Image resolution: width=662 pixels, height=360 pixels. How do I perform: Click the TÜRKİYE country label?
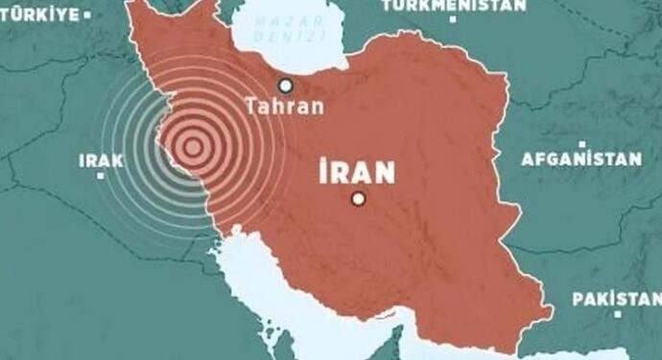pos(38,13)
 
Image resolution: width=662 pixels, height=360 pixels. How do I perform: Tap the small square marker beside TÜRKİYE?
pos(87,14)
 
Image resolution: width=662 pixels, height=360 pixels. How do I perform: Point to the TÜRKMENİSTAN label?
pos(454,6)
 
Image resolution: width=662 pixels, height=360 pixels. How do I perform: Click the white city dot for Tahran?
pos(284,84)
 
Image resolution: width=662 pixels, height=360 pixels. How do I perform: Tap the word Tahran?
pos(285,106)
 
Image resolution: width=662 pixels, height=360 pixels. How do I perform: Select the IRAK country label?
pos(101,161)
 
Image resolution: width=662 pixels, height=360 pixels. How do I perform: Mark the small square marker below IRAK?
pos(101,179)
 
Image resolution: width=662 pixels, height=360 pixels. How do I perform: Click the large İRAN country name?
pos(357,173)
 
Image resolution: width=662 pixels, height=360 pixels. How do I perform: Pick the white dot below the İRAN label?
pos(358,199)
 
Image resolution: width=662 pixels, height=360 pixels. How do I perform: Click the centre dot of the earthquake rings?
pos(192,147)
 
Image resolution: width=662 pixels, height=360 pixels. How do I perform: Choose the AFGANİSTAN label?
pos(581,159)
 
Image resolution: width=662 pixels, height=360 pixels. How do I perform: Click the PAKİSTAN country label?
pos(617,300)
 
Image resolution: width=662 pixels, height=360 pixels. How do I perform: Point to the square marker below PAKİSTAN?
pos(618,316)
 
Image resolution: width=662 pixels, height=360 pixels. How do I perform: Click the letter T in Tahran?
pos(251,106)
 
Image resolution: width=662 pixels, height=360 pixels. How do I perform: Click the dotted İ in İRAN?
pos(323,172)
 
